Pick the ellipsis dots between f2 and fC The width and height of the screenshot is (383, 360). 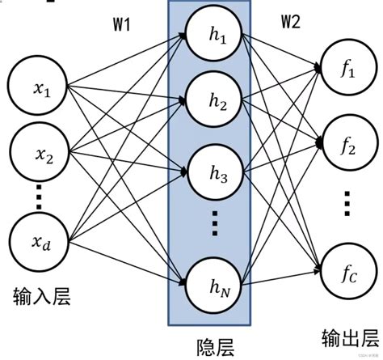point(347,202)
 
